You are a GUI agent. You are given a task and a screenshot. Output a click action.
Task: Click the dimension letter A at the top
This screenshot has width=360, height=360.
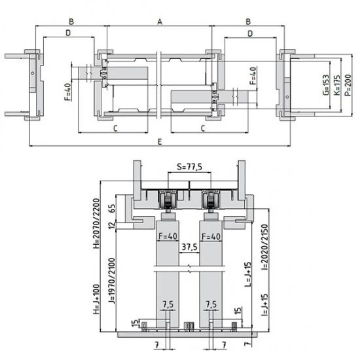(x=160, y=22)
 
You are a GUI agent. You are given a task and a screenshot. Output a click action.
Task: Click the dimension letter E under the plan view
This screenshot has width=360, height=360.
(x=160, y=141)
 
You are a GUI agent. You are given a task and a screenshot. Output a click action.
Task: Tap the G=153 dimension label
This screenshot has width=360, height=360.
(x=326, y=84)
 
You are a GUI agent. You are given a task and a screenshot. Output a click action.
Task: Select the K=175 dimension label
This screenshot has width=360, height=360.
(x=337, y=85)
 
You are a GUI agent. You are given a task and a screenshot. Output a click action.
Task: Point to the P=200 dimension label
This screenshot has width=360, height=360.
(x=348, y=85)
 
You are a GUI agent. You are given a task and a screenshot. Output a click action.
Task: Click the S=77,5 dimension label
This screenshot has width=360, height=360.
(x=190, y=167)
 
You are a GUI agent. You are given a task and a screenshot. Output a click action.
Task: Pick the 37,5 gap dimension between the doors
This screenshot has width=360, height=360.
(x=189, y=247)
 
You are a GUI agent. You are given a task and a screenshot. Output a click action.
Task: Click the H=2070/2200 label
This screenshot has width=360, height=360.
(x=97, y=223)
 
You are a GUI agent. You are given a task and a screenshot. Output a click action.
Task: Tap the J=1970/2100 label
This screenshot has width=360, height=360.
(x=111, y=280)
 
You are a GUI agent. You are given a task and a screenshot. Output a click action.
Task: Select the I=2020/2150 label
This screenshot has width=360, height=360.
(x=264, y=247)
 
